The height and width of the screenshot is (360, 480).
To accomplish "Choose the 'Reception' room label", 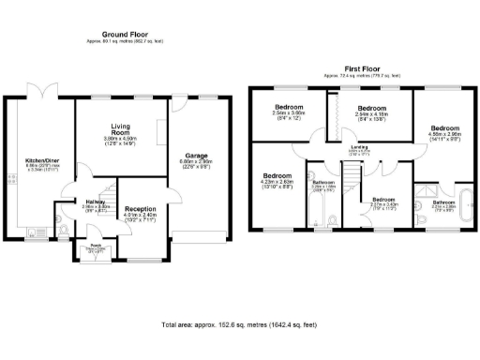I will click(140, 209).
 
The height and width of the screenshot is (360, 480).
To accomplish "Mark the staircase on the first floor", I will click(351, 178).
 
